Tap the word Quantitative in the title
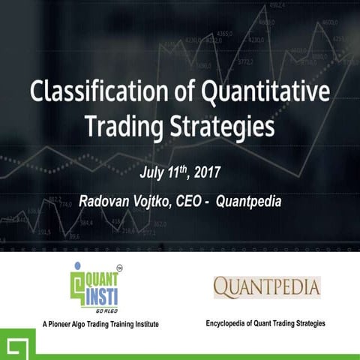266,93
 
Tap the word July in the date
154,173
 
